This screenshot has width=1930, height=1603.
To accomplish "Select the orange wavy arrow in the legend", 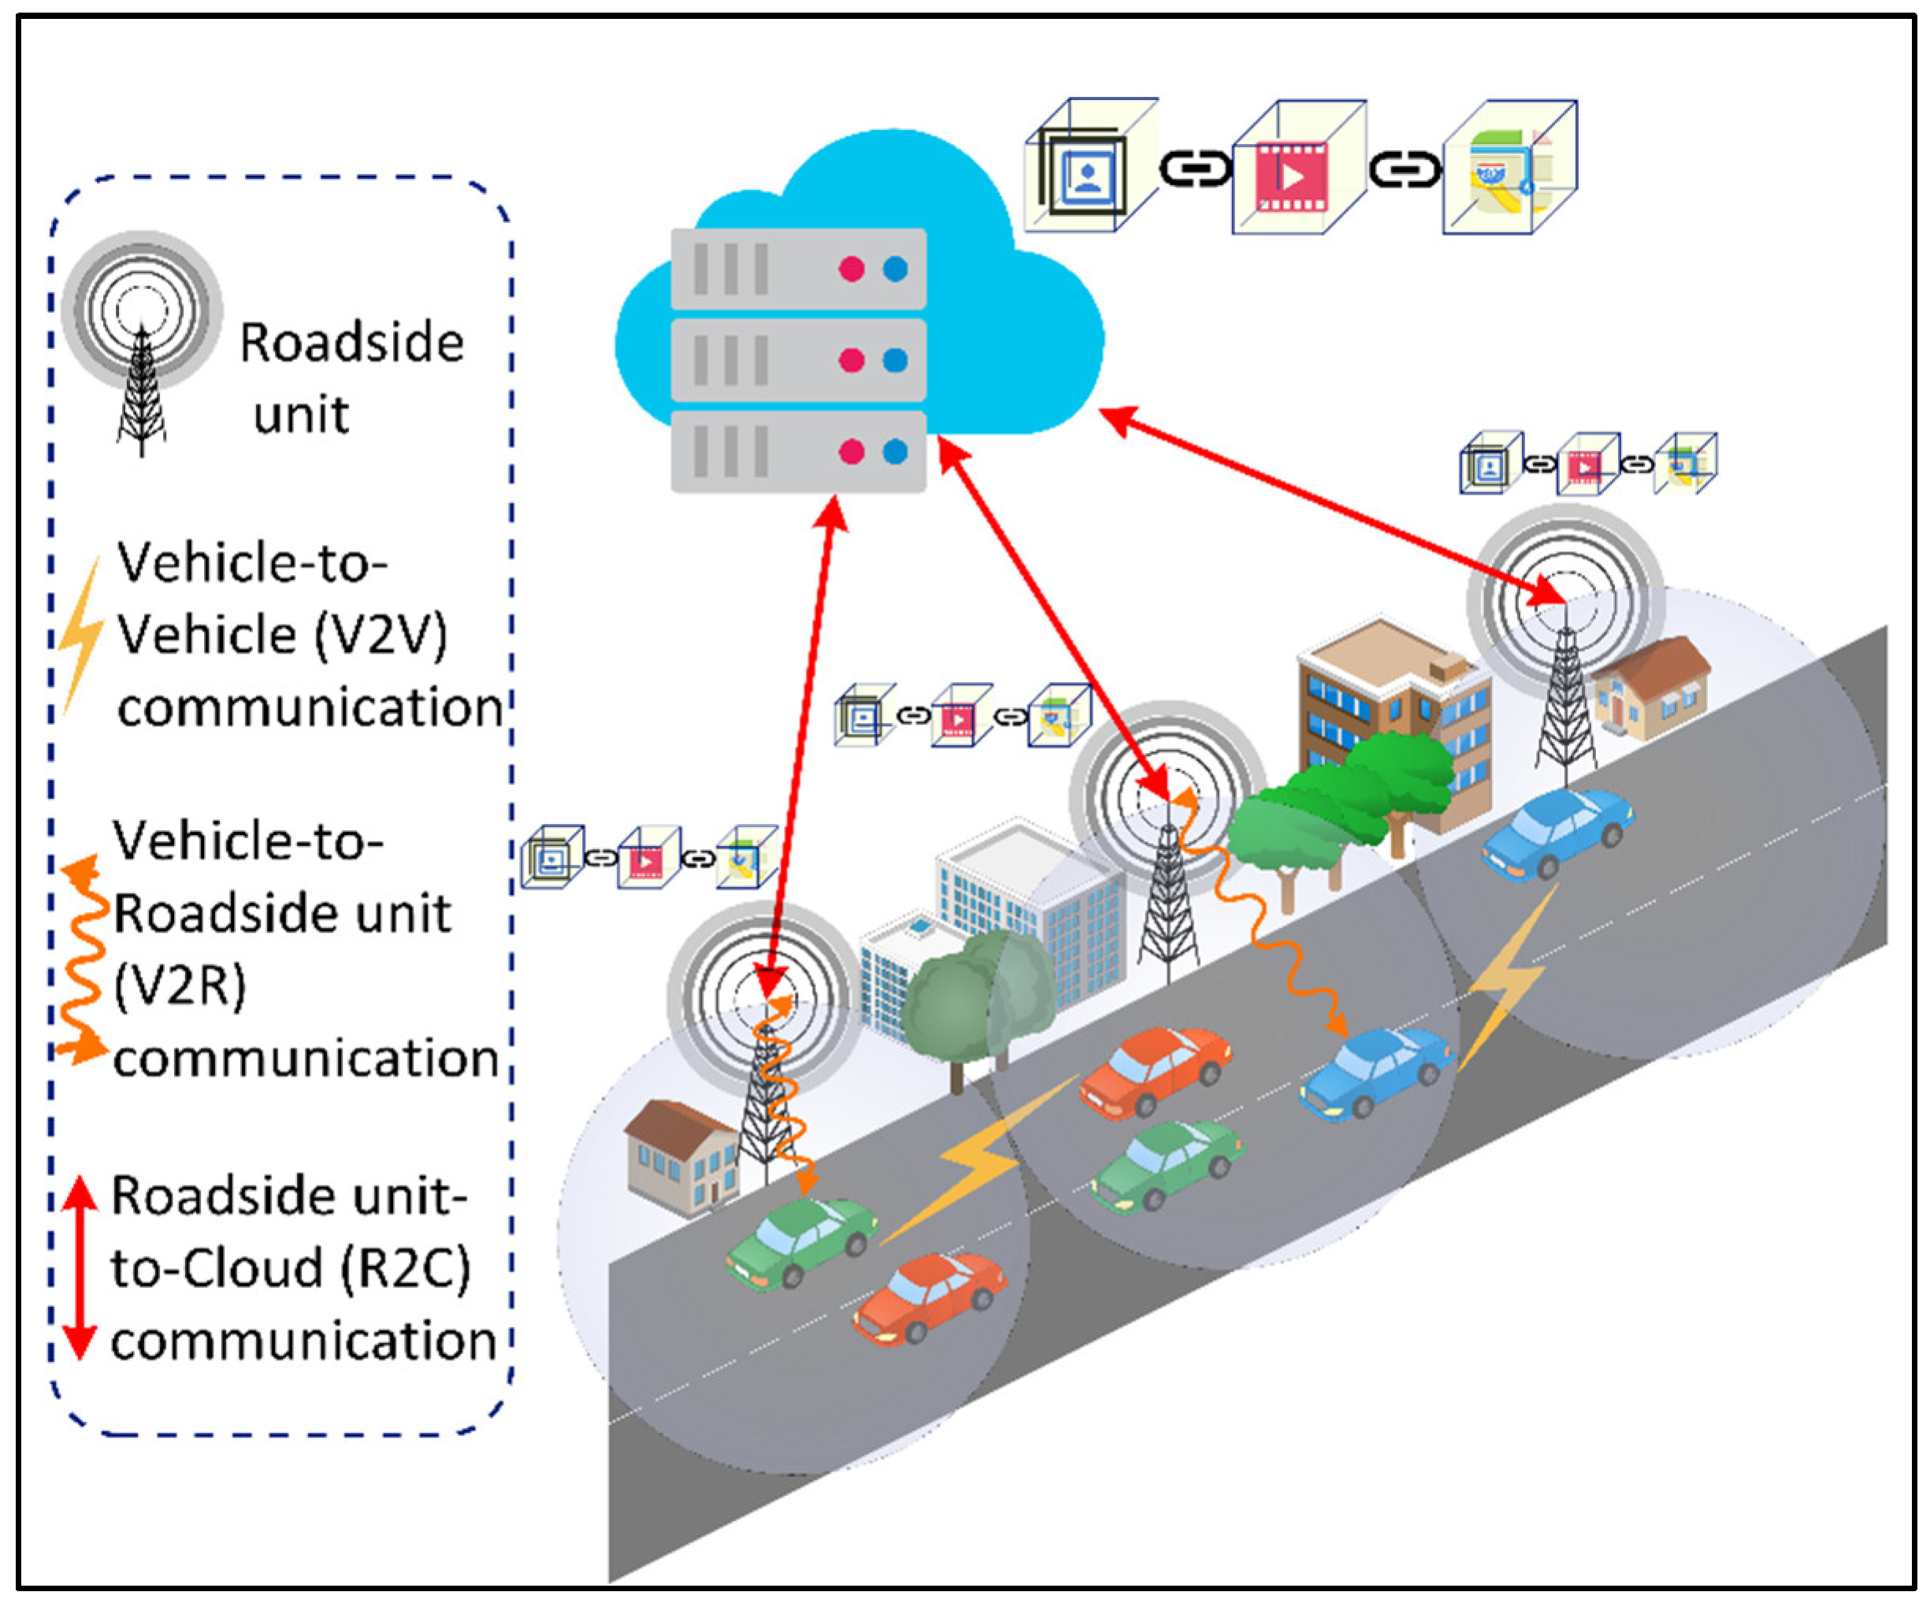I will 81,960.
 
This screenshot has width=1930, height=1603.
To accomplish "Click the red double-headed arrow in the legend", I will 80,1268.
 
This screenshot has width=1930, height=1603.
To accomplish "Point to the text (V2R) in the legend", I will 180,986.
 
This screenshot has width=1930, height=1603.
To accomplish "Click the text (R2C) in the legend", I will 405,1268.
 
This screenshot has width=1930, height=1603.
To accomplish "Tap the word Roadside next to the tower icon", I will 352,343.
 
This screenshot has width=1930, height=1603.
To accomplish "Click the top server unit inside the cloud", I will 798,269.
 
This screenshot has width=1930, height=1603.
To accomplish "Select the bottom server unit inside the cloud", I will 798,451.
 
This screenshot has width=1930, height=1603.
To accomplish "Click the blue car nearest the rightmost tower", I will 1555,832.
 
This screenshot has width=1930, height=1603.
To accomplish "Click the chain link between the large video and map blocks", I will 1405,171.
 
